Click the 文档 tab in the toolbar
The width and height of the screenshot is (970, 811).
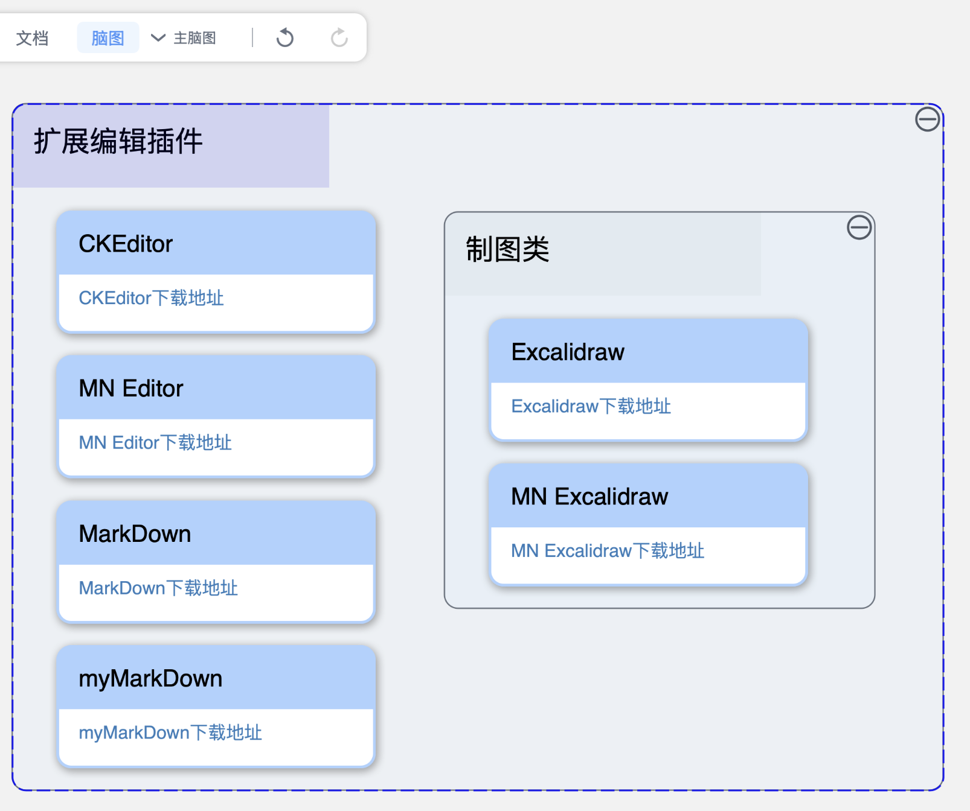coord(32,38)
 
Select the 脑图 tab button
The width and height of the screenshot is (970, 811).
coord(108,38)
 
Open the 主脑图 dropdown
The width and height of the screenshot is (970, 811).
coord(184,38)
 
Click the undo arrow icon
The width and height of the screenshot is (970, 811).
coord(285,38)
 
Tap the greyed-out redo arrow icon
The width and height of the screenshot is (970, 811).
coord(339,38)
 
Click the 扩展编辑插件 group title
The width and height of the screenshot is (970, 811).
coord(118,142)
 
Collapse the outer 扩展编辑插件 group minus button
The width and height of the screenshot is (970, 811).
coord(927,119)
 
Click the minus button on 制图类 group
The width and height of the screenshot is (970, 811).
coord(859,227)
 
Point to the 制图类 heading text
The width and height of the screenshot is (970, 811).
coord(507,249)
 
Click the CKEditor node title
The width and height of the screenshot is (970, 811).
coord(126,244)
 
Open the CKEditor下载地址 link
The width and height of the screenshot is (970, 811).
coord(151,298)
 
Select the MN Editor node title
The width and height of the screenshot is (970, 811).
coord(131,389)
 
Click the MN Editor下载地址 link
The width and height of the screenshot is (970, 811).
coord(155,443)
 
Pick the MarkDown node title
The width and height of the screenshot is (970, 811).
coord(135,534)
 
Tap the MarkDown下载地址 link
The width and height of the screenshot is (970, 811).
coord(158,588)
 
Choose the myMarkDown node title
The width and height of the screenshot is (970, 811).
coord(150,679)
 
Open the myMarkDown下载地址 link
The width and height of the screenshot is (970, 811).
coord(170,733)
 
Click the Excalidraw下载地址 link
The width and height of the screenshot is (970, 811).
coord(591,406)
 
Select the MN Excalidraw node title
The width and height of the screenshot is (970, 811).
coord(589,497)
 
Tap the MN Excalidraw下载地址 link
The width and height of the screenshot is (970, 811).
coord(608,551)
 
